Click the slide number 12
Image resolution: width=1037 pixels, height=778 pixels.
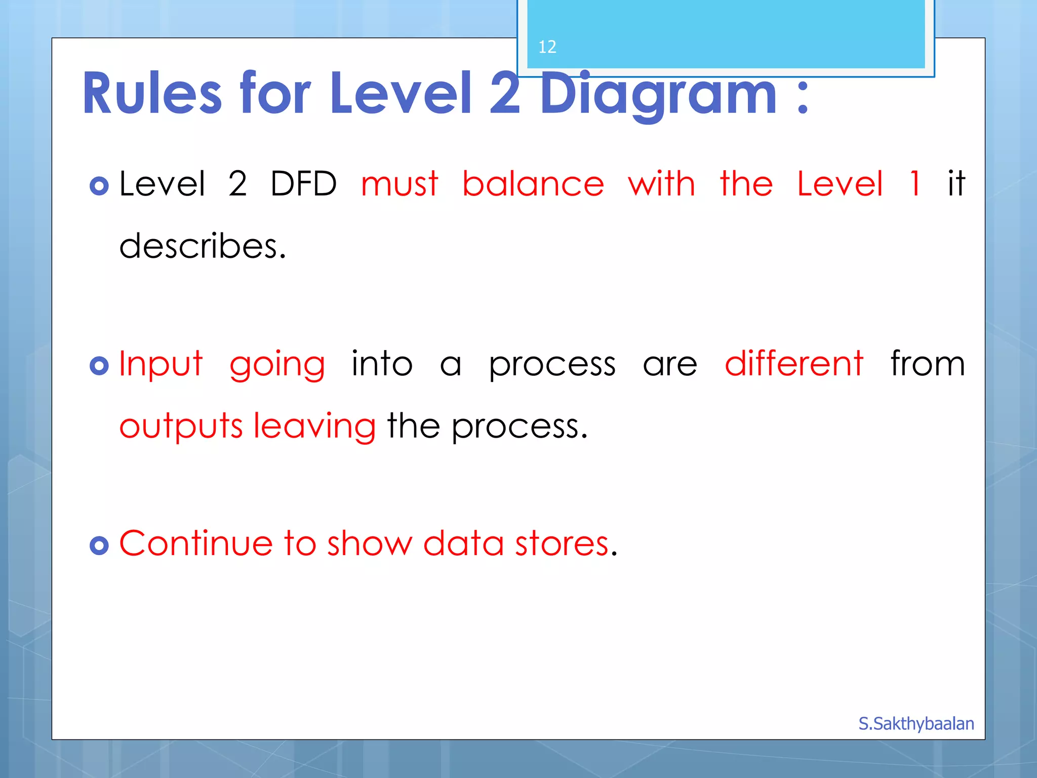547,47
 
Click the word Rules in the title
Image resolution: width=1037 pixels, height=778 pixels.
152,94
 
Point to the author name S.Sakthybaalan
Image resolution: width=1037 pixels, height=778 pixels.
916,723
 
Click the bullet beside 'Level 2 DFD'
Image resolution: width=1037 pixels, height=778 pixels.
99,186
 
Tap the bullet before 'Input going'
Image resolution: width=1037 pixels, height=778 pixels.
99,366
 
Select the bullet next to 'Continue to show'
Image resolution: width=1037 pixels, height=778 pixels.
99,546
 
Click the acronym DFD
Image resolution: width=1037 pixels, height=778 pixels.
303,183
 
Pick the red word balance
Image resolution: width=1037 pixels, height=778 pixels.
533,183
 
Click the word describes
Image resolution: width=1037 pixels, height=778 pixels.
203,246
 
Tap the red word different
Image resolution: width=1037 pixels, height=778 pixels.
793,363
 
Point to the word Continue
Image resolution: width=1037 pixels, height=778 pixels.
196,543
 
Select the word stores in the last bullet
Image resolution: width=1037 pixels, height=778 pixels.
562,543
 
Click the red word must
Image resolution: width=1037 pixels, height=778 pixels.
400,183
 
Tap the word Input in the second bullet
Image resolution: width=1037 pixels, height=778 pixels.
161,364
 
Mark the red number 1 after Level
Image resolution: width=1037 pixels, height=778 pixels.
914,183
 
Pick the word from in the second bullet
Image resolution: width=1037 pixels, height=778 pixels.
928,363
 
